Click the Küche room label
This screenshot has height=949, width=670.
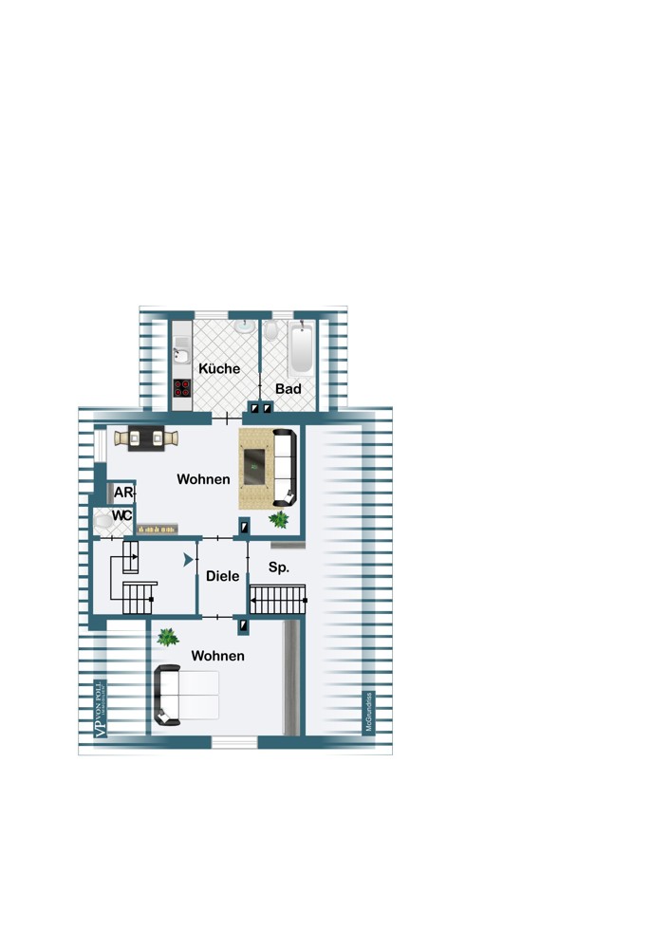219,368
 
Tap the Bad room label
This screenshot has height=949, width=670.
288,389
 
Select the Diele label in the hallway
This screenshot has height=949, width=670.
223,576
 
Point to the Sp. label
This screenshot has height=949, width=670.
279,568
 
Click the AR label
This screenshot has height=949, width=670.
123,493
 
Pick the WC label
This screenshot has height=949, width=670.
121,515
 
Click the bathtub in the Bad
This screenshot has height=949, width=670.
301,350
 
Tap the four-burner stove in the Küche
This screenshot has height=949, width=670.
181,387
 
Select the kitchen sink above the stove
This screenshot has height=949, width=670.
181,357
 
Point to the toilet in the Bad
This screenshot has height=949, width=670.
271,330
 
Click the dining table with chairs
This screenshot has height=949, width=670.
147,437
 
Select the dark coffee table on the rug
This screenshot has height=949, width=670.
256,464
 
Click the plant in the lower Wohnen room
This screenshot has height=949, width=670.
168,638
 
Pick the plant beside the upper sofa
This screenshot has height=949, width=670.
279,519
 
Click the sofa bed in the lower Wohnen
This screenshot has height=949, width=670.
187,696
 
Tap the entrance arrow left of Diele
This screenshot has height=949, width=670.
189,561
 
